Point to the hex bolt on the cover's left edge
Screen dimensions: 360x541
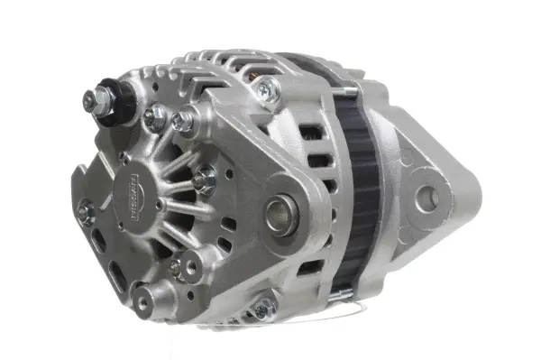coord(87,213)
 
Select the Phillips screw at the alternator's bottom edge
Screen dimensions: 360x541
coord(264,312)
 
